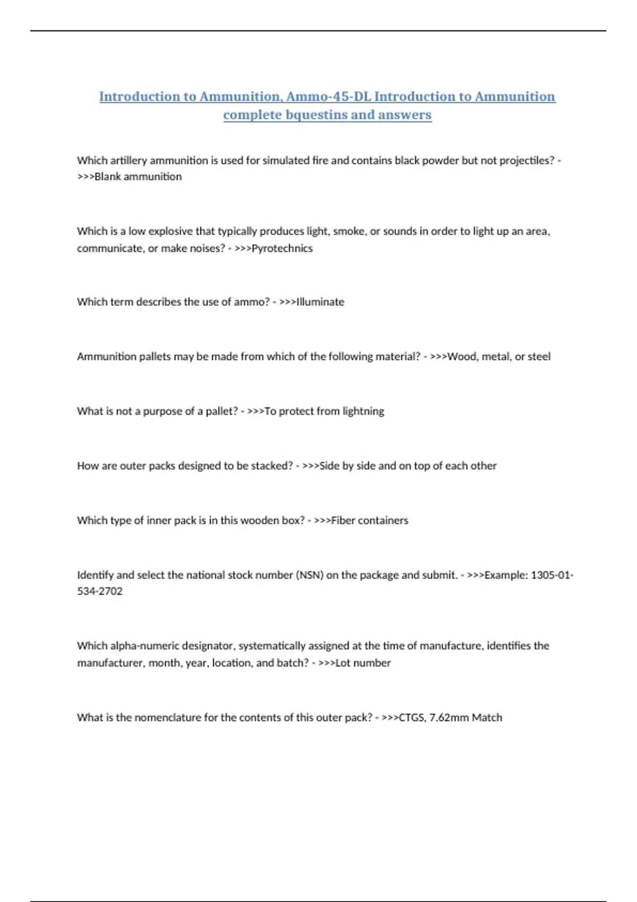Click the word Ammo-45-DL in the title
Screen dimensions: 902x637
point(328,97)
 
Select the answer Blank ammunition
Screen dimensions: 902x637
point(138,177)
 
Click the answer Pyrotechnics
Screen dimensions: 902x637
point(282,248)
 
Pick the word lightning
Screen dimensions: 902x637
point(363,411)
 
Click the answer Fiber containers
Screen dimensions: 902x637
point(369,521)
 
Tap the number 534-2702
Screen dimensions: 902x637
point(100,591)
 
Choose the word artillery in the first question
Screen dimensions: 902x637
point(128,160)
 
